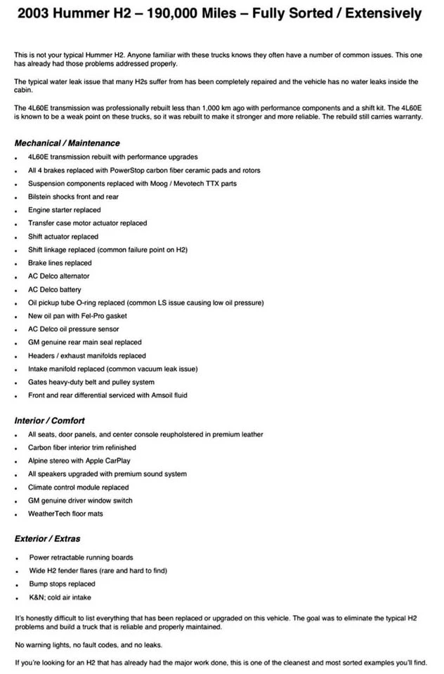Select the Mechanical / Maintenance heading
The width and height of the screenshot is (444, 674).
coord(67,143)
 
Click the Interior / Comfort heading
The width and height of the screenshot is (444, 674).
coord(49,421)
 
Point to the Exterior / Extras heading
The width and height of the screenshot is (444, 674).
coord(47,538)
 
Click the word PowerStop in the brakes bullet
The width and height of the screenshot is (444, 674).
coord(129,171)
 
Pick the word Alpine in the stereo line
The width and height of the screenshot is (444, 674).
coord(39,461)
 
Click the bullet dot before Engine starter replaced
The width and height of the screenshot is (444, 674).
coord(15,211)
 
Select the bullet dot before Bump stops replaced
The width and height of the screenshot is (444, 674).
coord(15,585)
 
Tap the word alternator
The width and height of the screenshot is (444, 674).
coord(74,276)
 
